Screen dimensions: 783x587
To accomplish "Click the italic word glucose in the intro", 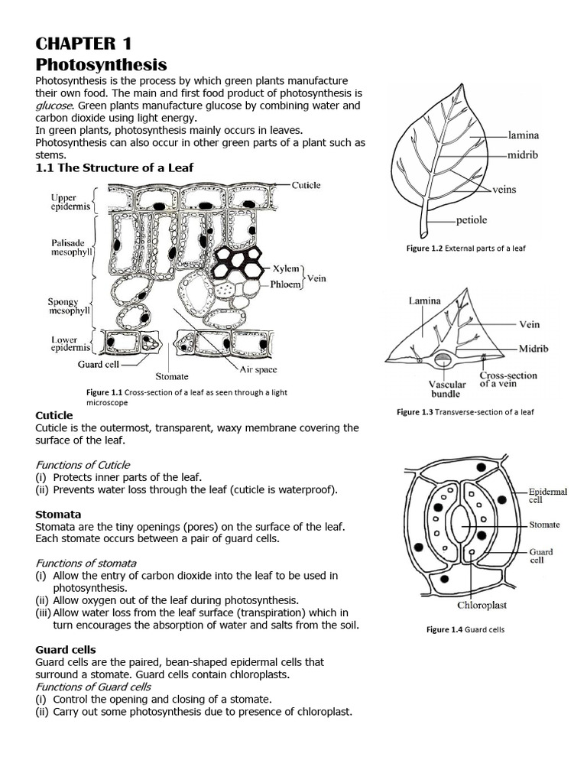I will (54, 106).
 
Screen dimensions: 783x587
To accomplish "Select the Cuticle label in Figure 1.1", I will (306, 185).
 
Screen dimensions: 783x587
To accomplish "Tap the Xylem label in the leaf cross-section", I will (286, 269).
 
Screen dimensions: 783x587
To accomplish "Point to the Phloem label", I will (286, 283).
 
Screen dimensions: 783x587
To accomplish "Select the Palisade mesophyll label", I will (71, 248).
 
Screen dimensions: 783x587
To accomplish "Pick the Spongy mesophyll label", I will (69, 307).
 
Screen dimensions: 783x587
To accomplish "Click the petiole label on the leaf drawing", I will (471, 220).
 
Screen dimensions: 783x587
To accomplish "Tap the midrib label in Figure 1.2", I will (524, 154).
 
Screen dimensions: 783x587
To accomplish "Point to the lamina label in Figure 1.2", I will (524, 135).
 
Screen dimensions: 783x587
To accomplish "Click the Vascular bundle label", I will (446, 388).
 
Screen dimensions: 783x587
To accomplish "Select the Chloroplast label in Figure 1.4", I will (482, 605).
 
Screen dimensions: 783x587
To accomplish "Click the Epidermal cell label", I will (547, 495).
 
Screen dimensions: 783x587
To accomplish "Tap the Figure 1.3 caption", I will (465, 412).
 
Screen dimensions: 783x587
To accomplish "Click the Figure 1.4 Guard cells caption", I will (465, 630).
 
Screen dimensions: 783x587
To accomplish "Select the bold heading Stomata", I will (58, 514).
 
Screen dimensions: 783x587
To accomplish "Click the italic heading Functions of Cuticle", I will (83, 464).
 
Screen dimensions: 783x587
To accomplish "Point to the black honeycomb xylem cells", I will (237, 262).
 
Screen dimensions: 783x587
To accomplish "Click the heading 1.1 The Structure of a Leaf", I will (115, 167).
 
